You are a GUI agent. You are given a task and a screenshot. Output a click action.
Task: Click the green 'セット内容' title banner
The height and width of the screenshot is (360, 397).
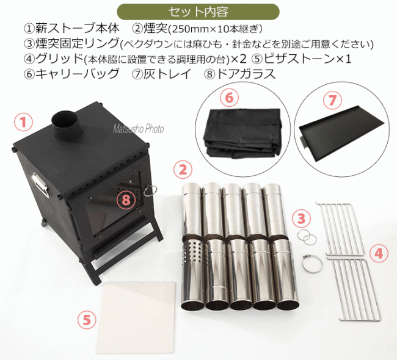click(198, 12)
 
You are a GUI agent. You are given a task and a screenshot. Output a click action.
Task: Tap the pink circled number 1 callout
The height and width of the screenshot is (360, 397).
click(23, 122)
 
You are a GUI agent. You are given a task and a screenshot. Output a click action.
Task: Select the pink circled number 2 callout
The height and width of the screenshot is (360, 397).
click(183, 170)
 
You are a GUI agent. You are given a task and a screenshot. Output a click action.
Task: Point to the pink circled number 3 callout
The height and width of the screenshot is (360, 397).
click(301, 218)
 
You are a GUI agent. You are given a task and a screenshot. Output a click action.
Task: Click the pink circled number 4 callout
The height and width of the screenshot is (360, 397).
click(379, 253)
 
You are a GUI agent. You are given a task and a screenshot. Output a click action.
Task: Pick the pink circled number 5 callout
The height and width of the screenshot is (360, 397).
click(87, 320)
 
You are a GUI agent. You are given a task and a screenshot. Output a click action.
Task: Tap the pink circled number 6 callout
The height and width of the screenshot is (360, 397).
click(230, 98)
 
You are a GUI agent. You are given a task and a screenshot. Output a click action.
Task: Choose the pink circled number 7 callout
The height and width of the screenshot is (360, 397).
click(332, 100)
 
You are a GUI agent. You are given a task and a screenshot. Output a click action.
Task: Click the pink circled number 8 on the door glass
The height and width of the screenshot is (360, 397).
click(126, 200)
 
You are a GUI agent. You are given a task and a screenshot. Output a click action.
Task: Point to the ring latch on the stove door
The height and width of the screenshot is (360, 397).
click(150, 191)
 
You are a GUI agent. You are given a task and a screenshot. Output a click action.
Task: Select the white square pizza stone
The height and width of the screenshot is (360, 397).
click(135, 318)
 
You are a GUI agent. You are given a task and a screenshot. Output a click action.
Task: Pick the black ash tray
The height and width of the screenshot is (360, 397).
click(342, 134)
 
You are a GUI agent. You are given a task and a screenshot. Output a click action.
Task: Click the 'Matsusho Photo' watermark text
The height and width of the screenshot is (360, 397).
click(138, 129)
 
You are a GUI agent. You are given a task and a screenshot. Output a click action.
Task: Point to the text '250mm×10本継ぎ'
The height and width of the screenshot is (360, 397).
click(217, 29)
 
